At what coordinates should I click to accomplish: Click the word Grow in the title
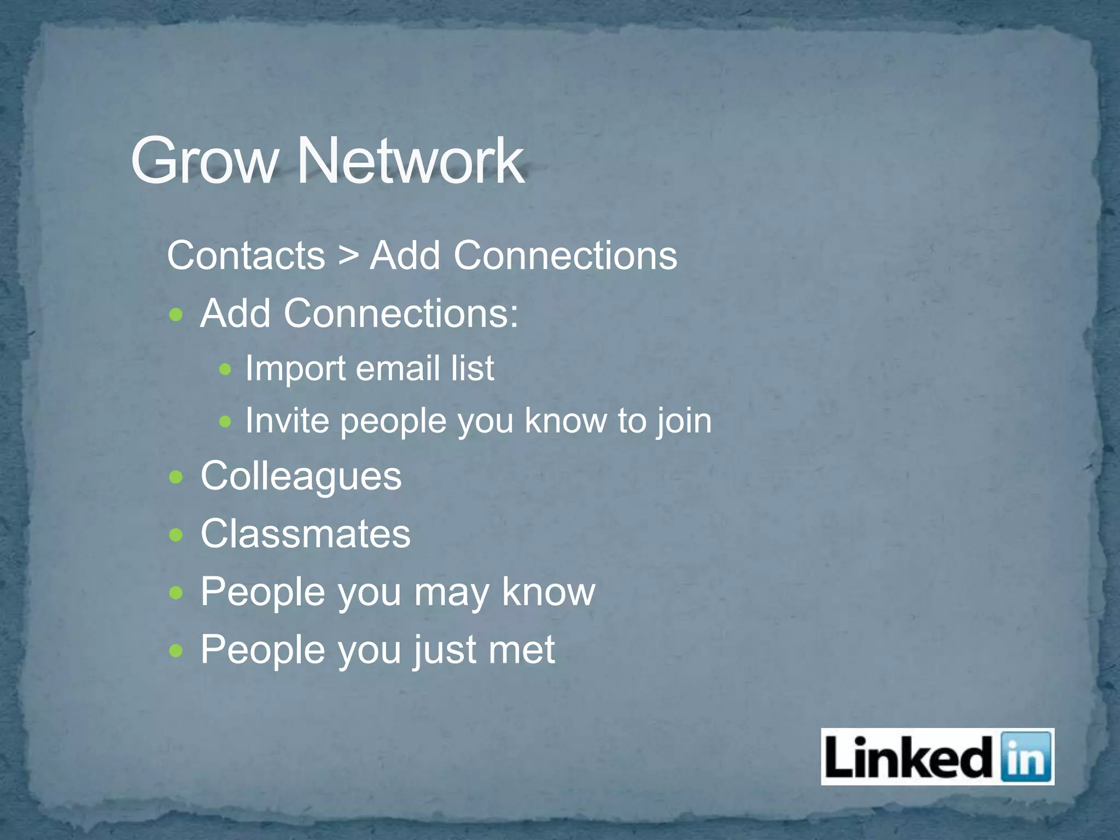click(203, 161)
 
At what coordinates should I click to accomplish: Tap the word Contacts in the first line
click(246, 255)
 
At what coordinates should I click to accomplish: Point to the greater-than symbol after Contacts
click(348, 255)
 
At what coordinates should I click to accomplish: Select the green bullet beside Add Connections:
click(176, 315)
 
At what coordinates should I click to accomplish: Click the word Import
click(295, 368)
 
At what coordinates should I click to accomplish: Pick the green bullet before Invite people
click(225, 422)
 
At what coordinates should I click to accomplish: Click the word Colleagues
click(301, 476)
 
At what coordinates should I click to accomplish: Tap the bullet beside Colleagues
click(176, 477)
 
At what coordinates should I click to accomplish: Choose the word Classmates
click(305, 534)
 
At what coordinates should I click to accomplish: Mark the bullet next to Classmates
click(176, 535)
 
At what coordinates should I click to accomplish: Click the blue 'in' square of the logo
click(1026, 757)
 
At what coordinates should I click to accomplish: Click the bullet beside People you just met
click(176, 651)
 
